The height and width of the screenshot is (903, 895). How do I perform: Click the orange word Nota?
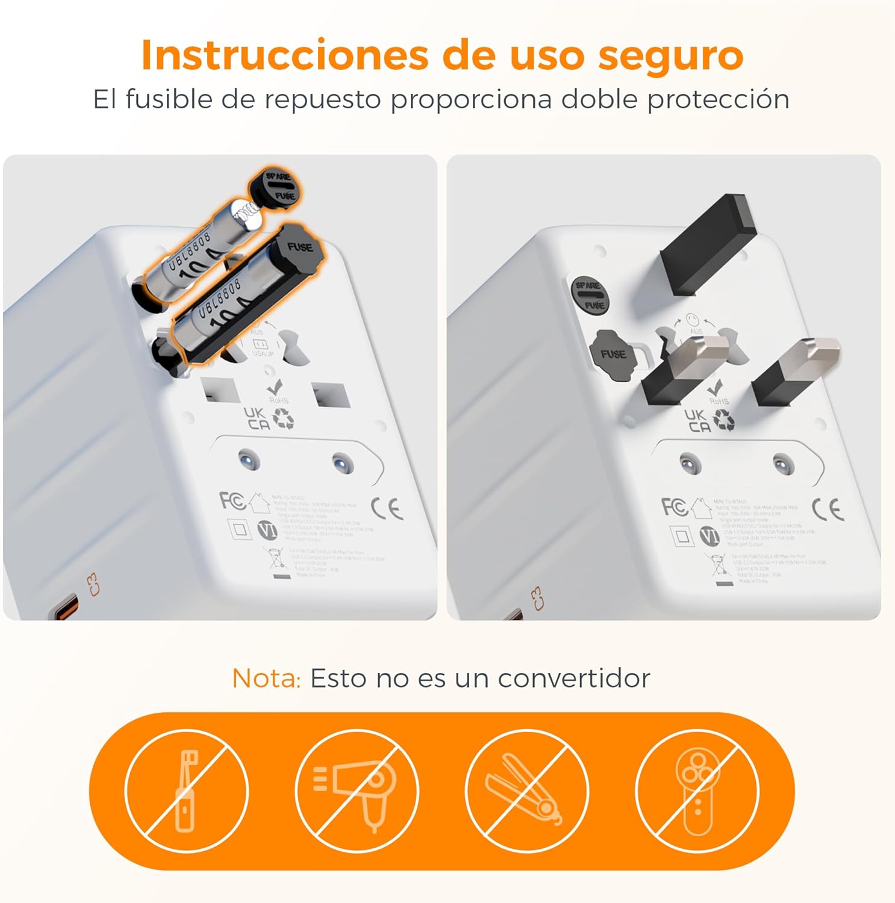tap(266, 678)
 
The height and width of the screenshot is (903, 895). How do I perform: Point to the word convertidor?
tap(574, 678)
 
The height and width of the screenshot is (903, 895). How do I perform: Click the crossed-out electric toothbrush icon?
tap(187, 790)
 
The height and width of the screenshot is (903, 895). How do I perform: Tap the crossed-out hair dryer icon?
tap(357, 790)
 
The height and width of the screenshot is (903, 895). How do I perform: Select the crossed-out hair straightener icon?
tap(526, 790)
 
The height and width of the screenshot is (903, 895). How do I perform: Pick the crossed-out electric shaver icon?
tap(697, 790)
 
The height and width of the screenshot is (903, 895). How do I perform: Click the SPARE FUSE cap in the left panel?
tap(276, 187)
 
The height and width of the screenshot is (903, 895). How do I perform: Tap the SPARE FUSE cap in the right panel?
tap(590, 294)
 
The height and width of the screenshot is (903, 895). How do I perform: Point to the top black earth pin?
tap(708, 244)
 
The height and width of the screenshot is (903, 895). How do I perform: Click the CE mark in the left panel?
tap(387, 508)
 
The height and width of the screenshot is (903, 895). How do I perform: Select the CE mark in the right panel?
tap(828, 510)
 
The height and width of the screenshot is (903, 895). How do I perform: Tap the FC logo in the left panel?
tap(232, 501)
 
